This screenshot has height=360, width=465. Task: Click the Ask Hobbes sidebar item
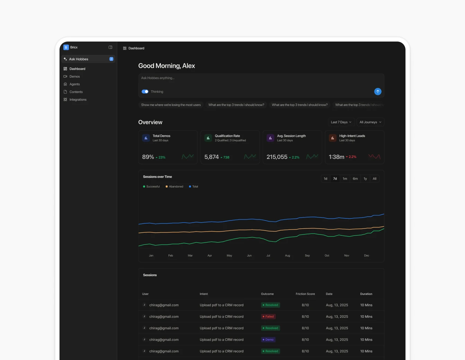tap(79, 59)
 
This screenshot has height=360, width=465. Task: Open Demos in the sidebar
tap(74, 76)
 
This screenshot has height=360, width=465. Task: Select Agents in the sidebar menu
tap(74, 84)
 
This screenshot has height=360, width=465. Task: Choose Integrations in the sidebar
tap(78, 100)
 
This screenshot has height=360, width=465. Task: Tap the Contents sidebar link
tap(76, 92)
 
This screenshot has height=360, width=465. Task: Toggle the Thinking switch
tap(145, 92)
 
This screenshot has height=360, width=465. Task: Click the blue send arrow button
tap(377, 91)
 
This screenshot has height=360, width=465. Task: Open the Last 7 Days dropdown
tap(341, 122)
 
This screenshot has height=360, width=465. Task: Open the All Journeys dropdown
tap(370, 122)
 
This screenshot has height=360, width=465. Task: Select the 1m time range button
tap(345, 179)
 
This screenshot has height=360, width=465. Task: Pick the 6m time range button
tap(355, 179)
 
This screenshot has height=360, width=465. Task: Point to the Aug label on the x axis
tap(288, 255)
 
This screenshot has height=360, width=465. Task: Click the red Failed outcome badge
tap(268, 316)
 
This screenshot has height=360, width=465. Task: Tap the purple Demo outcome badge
tap(268, 340)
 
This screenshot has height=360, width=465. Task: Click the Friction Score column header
tap(305, 294)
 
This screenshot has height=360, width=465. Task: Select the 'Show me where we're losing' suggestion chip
tap(171, 105)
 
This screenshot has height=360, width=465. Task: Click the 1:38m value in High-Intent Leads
tap(336, 157)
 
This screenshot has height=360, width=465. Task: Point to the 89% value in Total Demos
tap(148, 157)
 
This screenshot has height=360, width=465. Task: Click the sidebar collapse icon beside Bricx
tap(110, 47)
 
